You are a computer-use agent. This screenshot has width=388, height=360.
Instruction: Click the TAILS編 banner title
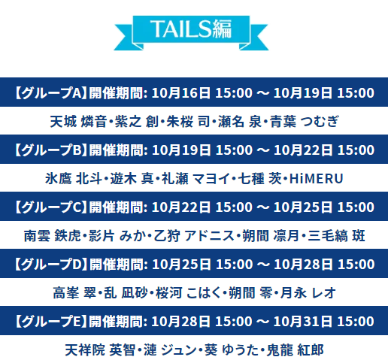(191, 29)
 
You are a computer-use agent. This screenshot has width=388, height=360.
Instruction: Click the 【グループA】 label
(50, 92)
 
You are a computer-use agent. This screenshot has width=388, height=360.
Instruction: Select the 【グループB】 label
(50, 150)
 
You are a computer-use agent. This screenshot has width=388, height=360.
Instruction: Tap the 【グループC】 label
(50, 207)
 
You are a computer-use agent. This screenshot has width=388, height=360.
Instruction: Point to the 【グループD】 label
(50, 264)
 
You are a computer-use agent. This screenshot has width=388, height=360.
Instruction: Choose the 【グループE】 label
(50, 321)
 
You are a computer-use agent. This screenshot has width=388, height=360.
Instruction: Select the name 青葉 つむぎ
(305, 122)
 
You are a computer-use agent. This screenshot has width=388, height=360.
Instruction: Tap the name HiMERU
(317, 179)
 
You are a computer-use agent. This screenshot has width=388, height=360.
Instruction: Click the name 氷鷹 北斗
(74, 179)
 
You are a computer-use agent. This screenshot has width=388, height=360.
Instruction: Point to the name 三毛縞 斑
(336, 236)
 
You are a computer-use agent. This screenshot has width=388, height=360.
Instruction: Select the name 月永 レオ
(308, 293)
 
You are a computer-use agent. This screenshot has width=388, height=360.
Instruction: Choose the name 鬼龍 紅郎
(295, 350)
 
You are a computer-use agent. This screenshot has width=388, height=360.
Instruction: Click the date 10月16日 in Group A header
(181, 92)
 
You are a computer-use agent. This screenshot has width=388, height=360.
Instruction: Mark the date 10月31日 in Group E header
(303, 321)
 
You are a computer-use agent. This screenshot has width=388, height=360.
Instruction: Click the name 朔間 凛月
(271, 236)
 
